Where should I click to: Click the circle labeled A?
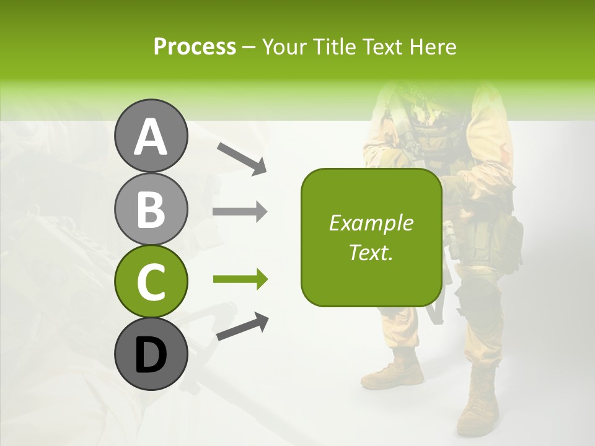pos(151,136)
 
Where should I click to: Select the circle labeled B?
pos(151,209)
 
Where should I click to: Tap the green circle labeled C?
pos(151,281)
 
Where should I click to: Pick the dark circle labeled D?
pos(151,354)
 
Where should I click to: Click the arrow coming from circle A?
pos(242,158)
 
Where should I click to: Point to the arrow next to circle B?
pos(240,212)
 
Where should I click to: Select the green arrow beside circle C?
pos(240,279)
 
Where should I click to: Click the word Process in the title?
pos(195,46)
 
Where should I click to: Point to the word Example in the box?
pos(371,223)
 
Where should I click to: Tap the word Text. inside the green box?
pos(371,252)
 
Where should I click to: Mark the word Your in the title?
pos(284,46)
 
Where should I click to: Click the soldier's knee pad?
pos(480,304)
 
